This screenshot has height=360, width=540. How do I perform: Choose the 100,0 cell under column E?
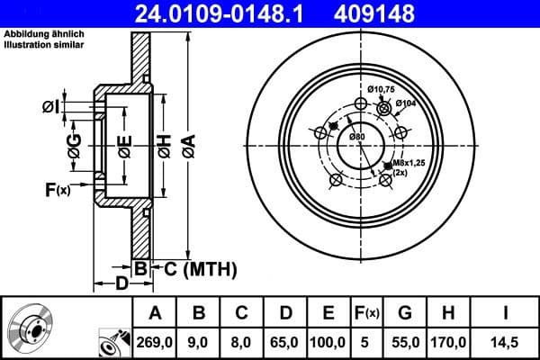[328, 342]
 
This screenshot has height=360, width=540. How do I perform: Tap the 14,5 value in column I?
[507, 342]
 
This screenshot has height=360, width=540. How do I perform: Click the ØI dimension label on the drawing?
[50, 107]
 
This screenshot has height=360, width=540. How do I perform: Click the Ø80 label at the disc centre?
[356, 136]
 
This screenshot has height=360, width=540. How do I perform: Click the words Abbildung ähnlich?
[40, 34]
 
